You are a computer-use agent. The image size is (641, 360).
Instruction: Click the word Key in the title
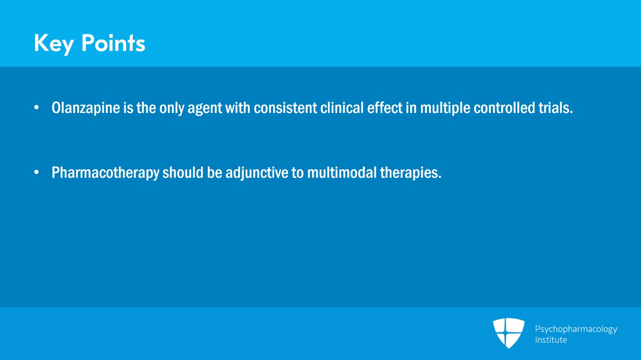[54, 43]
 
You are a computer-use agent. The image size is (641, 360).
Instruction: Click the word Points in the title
[113, 43]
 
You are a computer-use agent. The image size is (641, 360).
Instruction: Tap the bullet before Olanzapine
[36, 107]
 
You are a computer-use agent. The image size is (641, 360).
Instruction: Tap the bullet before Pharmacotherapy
[36, 173]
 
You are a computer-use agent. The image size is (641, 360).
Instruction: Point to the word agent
[204, 109]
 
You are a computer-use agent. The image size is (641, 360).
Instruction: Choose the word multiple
[445, 108]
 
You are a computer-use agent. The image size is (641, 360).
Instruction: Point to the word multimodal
[342, 173]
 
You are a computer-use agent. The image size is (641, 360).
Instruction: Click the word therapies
[410, 173]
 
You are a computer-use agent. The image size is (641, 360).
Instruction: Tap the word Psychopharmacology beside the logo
[576, 329]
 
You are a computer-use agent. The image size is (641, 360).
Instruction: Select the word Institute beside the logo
[551, 340]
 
